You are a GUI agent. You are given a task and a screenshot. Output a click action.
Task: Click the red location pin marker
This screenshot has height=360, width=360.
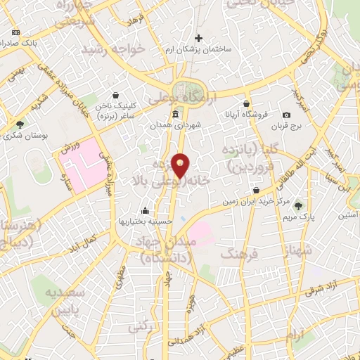[x=181, y=166]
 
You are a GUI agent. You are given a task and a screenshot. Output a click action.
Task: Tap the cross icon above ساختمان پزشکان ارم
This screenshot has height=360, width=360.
[x=199, y=38]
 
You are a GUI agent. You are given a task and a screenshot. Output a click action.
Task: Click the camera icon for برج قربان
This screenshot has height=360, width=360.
[x=286, y=115]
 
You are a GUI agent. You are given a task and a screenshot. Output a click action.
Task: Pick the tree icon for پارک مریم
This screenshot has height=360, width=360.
[x=299, y=205]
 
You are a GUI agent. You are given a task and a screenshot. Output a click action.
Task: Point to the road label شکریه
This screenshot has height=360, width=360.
[x=37, y=103]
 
